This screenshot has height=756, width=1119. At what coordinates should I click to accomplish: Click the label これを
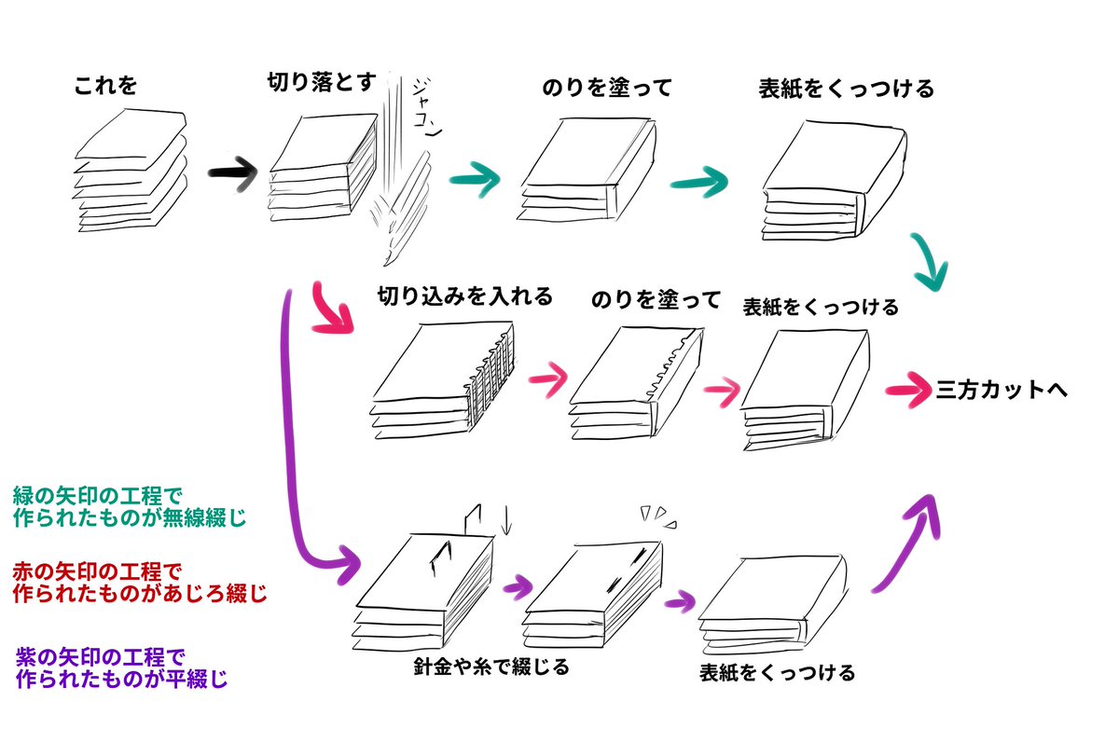click(105, 88)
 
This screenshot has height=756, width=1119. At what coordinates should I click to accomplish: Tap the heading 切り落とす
click(321, 83)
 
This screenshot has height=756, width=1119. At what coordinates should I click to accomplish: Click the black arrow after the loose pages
click(233, 173)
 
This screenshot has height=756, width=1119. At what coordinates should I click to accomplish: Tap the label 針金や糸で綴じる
click(490, 667)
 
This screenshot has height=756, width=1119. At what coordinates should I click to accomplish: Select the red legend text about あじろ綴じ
click(140, 581)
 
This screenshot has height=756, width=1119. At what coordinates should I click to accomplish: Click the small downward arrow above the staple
click(506, 520)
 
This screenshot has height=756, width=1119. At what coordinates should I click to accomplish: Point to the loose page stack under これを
click(131, 169)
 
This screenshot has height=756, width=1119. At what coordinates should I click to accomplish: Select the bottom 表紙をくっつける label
click(777, 671)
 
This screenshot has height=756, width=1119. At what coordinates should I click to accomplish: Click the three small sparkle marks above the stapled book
click(657, 514)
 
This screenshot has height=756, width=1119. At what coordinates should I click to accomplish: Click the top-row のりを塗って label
click(606, 89)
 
